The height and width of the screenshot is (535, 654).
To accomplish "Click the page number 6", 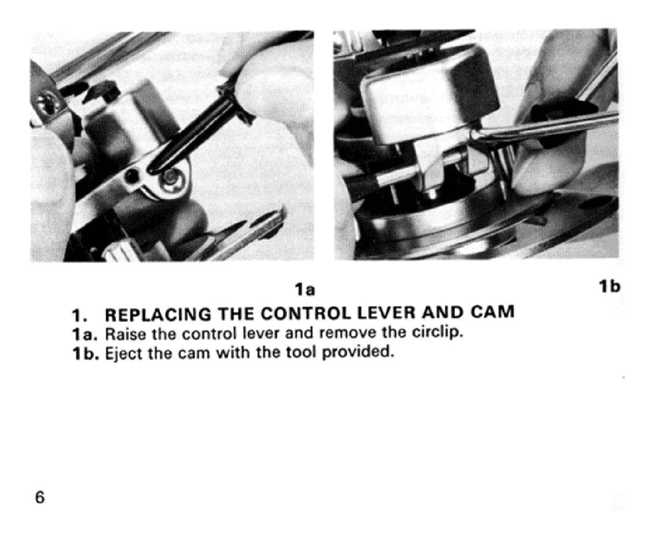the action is pyautogui.click(x=40, y=497).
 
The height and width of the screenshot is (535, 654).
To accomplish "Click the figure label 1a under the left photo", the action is pyautogui.click(x=305, y=290).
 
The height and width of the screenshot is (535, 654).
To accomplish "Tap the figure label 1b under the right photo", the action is pyautogui.click(x=609, y=287).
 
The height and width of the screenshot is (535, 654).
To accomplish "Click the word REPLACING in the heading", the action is pyautogui.click(x=158, y=315).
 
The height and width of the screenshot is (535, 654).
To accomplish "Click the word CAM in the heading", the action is pyautogui.click(x=492, y=312).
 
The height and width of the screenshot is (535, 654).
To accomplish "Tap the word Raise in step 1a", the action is pyautogui.click(x=125, y=334).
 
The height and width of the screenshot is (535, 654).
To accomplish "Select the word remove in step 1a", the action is pyautogui.click(x=347, y=333).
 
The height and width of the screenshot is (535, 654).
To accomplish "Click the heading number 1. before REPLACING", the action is pyautogui.click(x=78, y=316).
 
